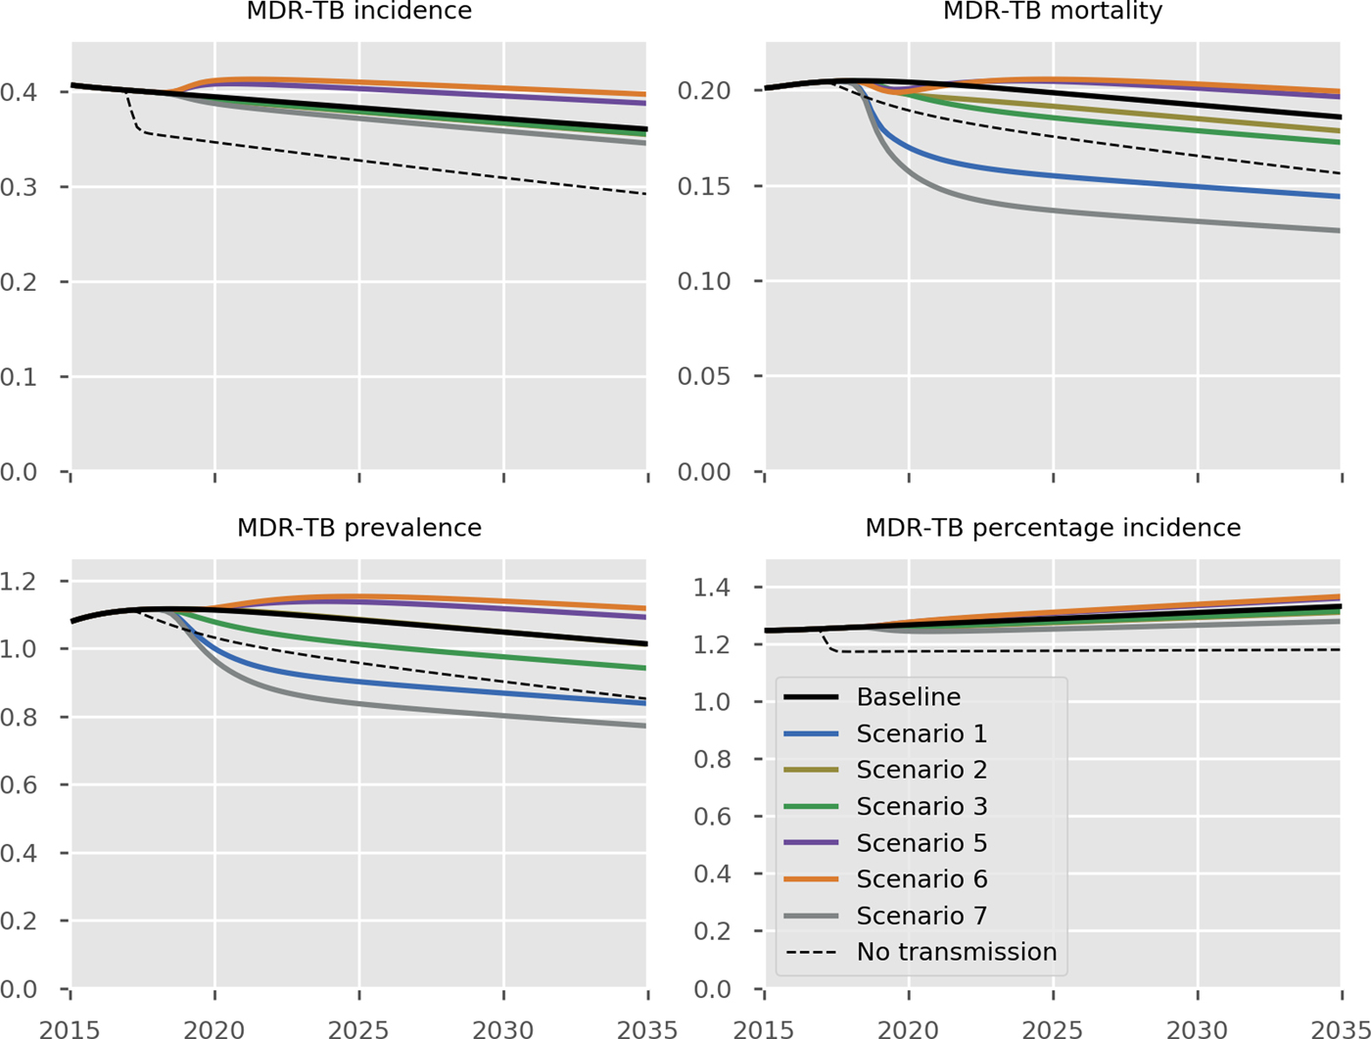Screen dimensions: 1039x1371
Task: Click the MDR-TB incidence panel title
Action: click(x=358, y=12)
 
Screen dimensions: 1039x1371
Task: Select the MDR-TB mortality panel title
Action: click(x=1053, y=12)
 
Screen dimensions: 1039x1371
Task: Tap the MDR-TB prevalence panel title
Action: click(x=358, y=528)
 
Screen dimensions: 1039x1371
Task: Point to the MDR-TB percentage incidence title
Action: click(x=1053, y=528)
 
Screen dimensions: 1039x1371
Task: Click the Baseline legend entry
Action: click(x=908, y=697)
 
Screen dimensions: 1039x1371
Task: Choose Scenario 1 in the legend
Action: click(x=922, y=733)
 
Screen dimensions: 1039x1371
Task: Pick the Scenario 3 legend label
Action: click(x=922, y=807)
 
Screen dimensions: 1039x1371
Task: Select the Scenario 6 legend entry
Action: click(x=922, y=879)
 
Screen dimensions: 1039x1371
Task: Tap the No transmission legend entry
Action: click(x=956, y=952)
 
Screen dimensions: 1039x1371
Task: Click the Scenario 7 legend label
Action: click(x=922, y=916)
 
